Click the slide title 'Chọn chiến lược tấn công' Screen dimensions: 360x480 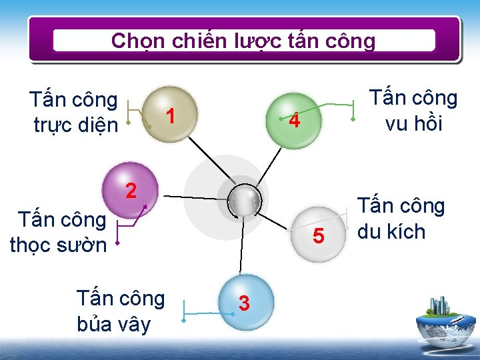click(243, 41)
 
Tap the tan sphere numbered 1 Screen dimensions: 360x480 click(170, 114)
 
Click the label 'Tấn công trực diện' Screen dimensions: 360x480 click(74, 112)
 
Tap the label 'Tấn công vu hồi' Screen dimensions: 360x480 click(414, 111)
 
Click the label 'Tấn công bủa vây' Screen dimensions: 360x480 click(120, 311)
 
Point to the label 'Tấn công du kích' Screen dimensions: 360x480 click(401, 218)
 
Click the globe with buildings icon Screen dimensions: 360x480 click(445, 319)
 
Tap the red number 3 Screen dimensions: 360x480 click(245, 303)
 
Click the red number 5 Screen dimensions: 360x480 click(319, 236)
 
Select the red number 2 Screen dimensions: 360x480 click(131, 191)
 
